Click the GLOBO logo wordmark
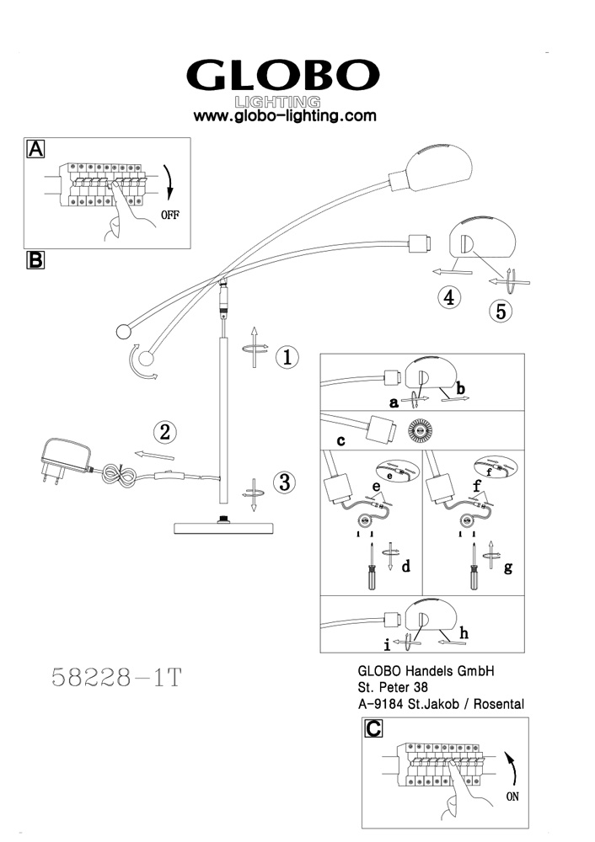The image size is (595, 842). pyautogui.click(x=282, y=77)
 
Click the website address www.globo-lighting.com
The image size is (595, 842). pyautogui.click(x=285, y=116)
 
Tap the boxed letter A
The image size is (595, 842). pyautogui.click(x=36, y=149)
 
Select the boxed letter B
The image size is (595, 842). pyautogui.click(x=36, y=259)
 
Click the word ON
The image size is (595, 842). pyautogui.click(x=512, y=796)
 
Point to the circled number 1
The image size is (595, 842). pyautogui.click(x=287, y=357)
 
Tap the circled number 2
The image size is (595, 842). pyautogui.click(x=165, y=433)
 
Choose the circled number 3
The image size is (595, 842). pyautogui.click(x=286, y=482)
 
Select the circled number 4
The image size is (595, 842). pyautogui.click(x=449, y=297)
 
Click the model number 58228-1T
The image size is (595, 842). pyautogui.click(x=117, y=678)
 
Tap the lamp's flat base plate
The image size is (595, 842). pyautogui.click(x=223, y=528)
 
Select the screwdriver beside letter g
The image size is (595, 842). pyautogui.click(x=474, y=572)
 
